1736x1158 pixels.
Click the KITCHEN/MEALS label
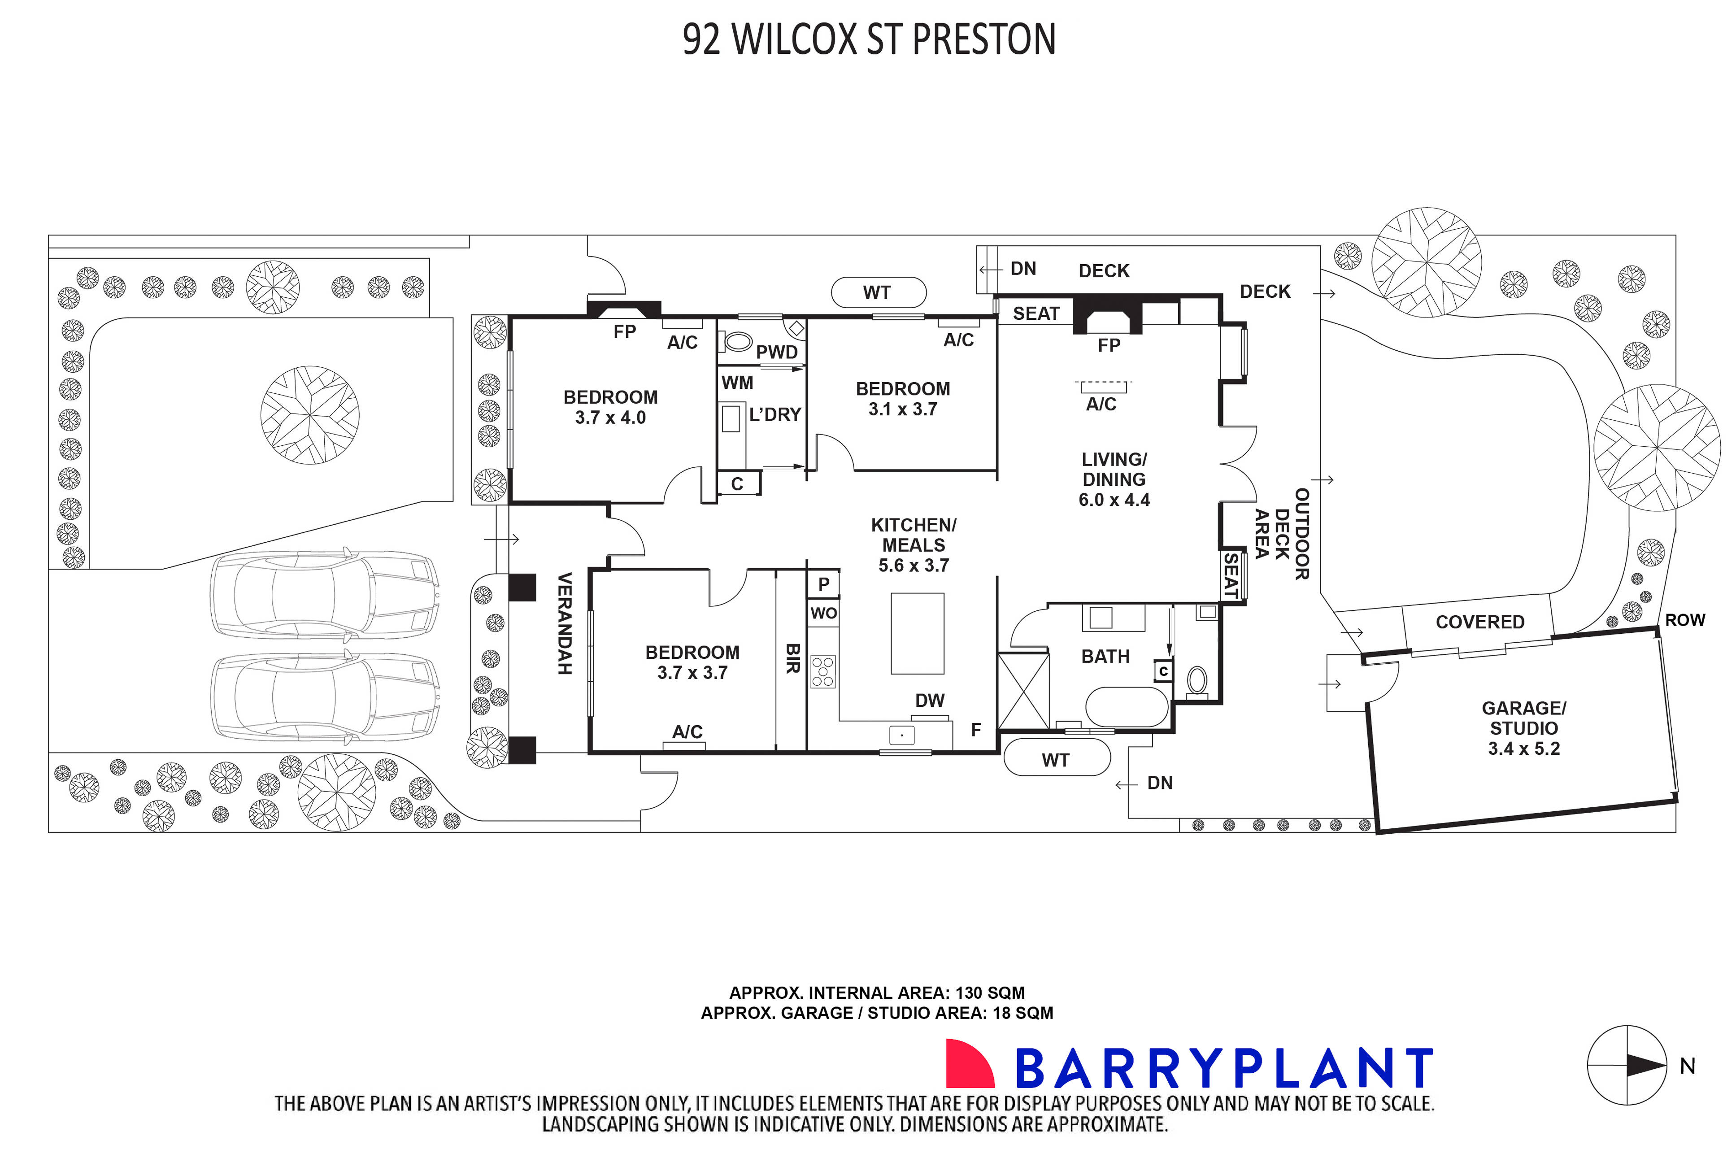[914, 545]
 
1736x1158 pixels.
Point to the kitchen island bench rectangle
[917, 634]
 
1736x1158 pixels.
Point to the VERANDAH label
[564, 623]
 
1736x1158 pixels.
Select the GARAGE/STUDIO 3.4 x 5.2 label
[1523, 728]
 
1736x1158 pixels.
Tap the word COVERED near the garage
[1480, 622]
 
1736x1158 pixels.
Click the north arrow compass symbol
[1627, 1066]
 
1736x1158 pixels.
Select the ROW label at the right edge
[1685, 620]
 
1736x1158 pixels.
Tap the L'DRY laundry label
[774, 415]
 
